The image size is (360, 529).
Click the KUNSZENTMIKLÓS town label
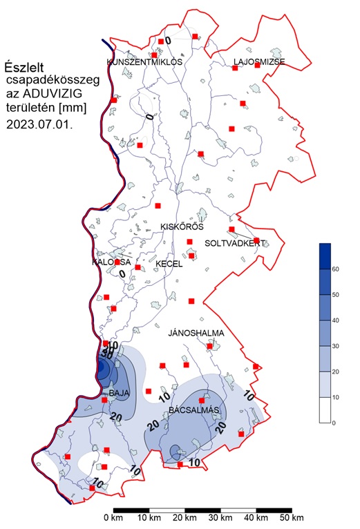tap(144, 62)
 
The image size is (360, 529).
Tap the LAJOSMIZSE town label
tap(259, 62)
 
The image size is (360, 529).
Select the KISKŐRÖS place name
tap(181, 227)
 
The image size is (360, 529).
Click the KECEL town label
tap(169, 264)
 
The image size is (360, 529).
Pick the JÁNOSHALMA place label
tap(196, 334)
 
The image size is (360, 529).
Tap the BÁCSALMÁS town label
tap(194, 410)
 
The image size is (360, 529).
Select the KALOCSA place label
tap(111, 262)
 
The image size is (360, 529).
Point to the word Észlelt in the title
tap(24, 67)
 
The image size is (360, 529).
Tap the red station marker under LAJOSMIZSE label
tap(236, 68)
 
